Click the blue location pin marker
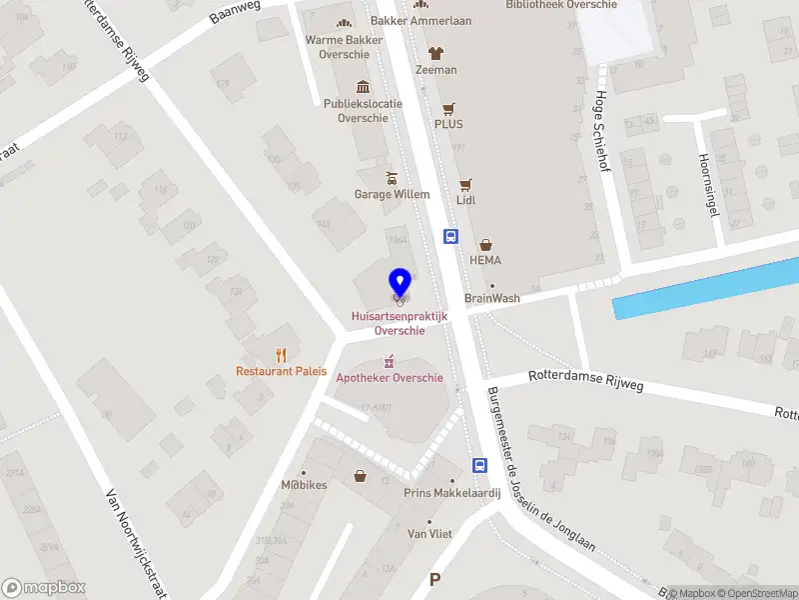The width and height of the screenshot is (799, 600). [x=399, y=284]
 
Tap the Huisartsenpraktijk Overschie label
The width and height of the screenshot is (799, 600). [x=399, y=323]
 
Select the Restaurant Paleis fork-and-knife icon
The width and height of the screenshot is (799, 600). [x=282, y=354]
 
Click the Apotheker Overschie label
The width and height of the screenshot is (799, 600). [x=390, y=378]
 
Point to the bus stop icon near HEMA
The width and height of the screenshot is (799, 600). [x=451, y=237]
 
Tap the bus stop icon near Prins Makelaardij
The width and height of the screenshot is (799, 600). [x=479, y=465]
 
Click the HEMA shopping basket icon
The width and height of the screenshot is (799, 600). [x=486, y=244]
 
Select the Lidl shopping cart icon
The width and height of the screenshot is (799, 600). [x=465, y=184]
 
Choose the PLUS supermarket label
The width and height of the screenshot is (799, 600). [x=448, y=124]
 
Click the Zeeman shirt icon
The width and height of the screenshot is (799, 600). [x=435, y=54]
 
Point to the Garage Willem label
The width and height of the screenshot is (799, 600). [x=393, y=194]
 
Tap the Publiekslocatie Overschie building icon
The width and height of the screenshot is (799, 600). [x=362, y=86]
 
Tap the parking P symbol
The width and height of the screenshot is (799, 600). [x=433, y=580]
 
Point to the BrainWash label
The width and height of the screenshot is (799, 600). [x=492, y=298]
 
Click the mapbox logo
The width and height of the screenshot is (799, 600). [x=45, y=588]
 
